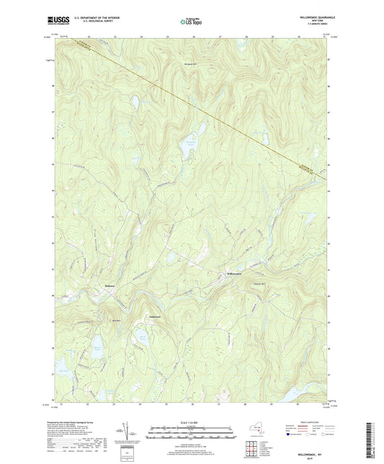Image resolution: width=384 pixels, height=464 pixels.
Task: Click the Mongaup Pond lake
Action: pyautogui.click(x=189, y=141)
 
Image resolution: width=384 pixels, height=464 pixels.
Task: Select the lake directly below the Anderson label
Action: pyautogui.click(x=164, y=336)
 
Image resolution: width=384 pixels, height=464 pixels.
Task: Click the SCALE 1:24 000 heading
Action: pyautogui.click(x=192, y=423)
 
